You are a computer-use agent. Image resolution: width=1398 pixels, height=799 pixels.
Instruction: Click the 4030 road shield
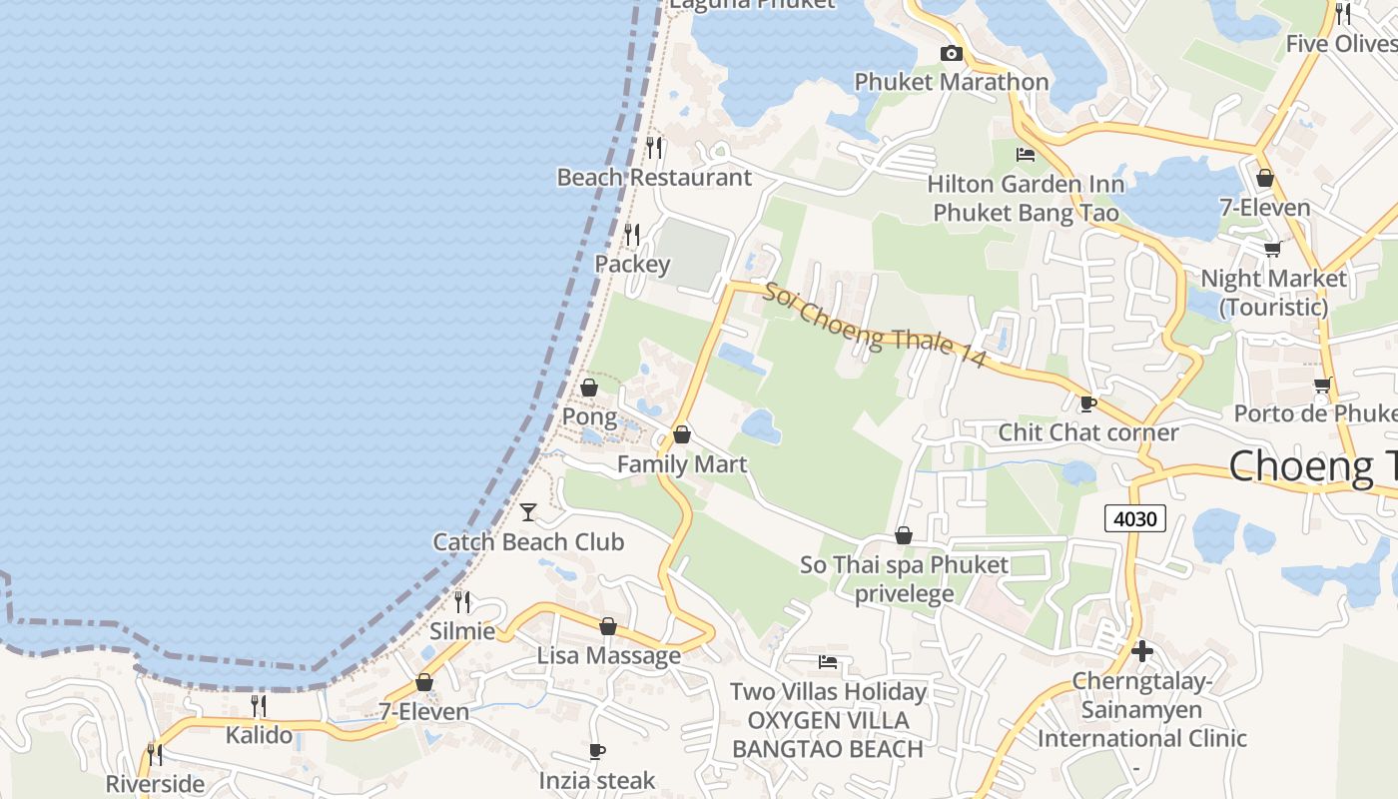1135,518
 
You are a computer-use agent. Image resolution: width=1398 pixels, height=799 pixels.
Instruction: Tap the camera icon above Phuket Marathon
951,54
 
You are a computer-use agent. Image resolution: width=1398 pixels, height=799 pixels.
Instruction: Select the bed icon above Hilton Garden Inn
1025,155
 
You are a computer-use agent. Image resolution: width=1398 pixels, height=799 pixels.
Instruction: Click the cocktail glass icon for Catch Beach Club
528,512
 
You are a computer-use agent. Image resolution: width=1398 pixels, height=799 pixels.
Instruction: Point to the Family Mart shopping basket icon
682,434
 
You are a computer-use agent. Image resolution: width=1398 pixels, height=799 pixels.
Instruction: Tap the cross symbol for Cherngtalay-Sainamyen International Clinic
1142,652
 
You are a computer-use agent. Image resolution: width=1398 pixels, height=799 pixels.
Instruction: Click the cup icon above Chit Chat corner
1087,403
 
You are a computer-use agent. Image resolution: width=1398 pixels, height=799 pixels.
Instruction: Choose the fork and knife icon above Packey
632,235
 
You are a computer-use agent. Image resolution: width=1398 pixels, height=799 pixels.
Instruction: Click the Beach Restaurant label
654,178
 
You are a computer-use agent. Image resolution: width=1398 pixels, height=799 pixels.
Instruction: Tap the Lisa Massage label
609,656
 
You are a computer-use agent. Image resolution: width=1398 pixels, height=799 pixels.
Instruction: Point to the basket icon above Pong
589,388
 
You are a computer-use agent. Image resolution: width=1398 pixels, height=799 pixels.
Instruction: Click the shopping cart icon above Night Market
1272,249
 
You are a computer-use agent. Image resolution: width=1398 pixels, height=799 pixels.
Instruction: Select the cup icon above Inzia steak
597,751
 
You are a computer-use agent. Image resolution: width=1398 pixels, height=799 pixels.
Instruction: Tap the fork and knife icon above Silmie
462,601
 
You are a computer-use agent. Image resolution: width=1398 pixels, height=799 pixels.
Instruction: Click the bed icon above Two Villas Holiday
828,661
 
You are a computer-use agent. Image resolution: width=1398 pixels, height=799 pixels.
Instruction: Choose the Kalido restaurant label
259,736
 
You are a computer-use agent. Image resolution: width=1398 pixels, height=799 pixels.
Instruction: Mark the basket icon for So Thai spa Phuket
904,535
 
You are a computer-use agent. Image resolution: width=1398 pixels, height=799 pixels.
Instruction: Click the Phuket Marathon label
952,82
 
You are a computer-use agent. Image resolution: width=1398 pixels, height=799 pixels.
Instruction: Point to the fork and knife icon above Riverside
155,754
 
